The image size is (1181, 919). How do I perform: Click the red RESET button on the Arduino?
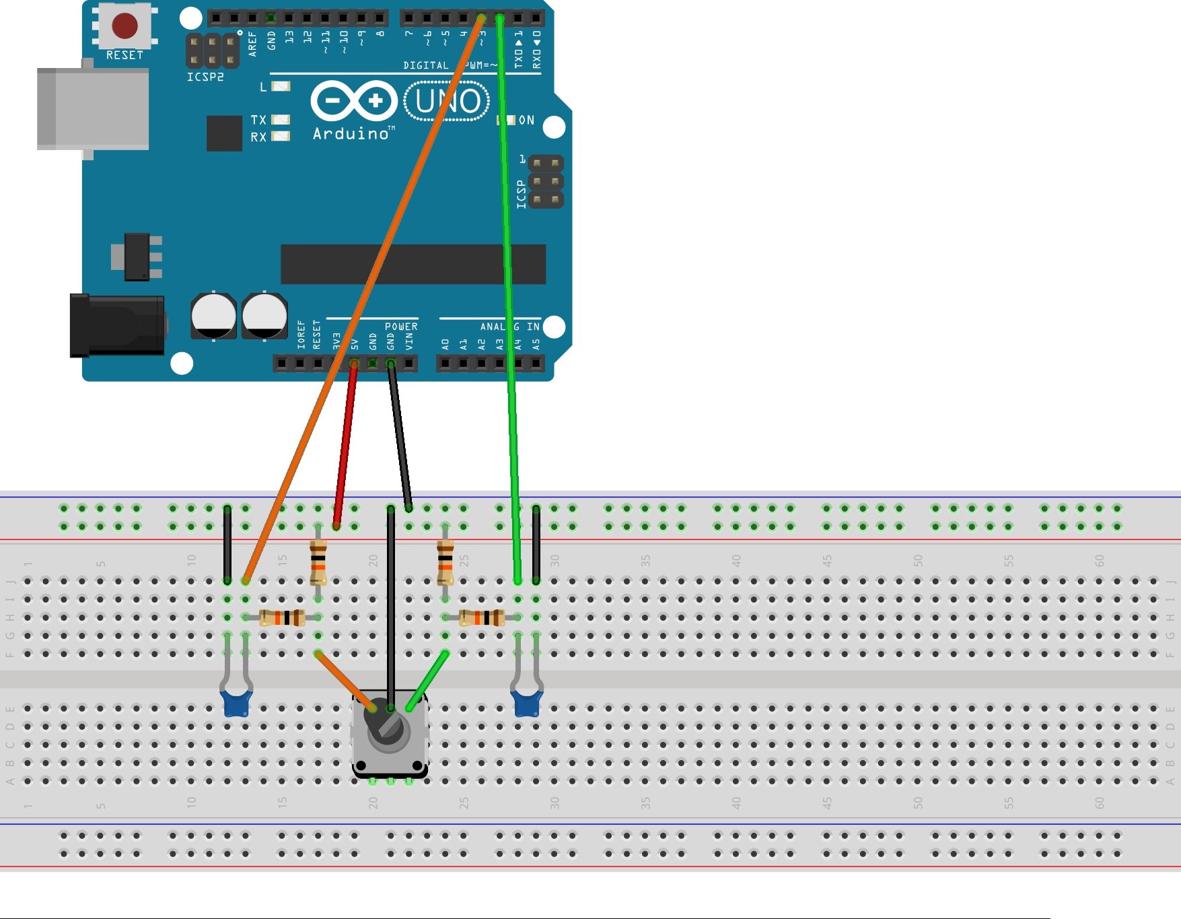pyautogui.click(x=125, y=26)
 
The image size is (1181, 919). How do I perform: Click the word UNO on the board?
pyautogui.click(x=448, y=102)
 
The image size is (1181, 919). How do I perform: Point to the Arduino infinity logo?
pyautogui.click(x=354, y=101)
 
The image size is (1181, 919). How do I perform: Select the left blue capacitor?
pyautogui.click(x=237, y=703)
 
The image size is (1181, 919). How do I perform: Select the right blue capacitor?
pyautogui.click(x=527, y=703)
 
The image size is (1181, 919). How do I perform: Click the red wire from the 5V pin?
pyautogui.click(x=345, y=444)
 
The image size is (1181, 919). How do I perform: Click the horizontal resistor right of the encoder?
pyautogui.click(x=482, y=617)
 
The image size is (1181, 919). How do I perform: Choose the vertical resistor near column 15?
pyautogui.click(x=318, y=562)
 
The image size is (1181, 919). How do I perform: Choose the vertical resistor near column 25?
pyautogui.click(x=445, y=562)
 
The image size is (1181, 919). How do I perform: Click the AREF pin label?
pyautogui.click(x=253, y=44)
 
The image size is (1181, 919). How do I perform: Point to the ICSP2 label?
pyautogui.click(x=205, y=77)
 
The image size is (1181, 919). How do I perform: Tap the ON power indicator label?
pyautogui.click(x=526, y=121)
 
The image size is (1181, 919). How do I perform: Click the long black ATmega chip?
pyautogui.click(x=413, y=265)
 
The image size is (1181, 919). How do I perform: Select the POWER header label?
pyautogui.click(x=401, y=327)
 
